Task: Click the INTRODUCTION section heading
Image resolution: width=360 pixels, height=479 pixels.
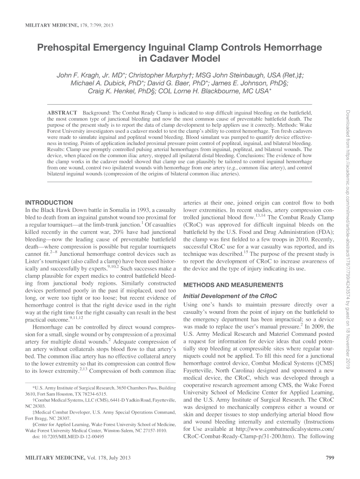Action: click(49, 203)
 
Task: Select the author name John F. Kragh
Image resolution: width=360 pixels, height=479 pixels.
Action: click(81, 75)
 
